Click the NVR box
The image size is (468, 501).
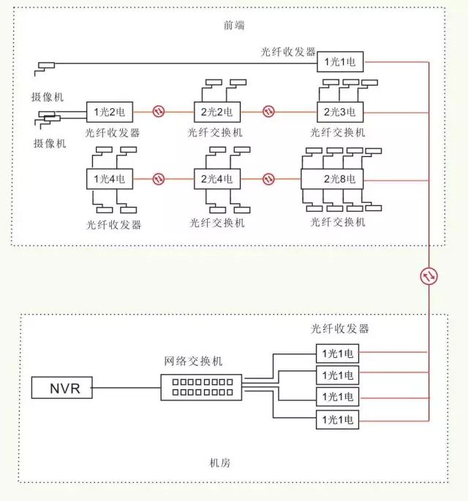tap(61, 388)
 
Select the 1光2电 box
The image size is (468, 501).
tap(110, 112)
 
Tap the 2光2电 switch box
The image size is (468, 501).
tap(217, 112)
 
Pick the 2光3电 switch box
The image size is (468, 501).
tap(340, 112)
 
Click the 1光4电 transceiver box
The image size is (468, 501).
tap(110, 179)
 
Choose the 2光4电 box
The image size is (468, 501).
tap(217, 179)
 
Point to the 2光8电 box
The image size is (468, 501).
tap(332, 179)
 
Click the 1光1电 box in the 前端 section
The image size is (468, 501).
tap(340, 61)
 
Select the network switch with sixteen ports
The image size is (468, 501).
tap(201, 388)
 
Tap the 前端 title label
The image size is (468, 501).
tap(234, 25)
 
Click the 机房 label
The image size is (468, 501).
tap(220, 463)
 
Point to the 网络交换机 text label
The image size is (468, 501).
tap(193, 361)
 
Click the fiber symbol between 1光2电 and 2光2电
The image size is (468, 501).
tap(159, 112)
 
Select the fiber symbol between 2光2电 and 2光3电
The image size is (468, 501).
tap(268, 112)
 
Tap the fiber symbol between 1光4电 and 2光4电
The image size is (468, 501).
tap(159, 179)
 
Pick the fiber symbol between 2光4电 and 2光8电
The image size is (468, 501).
tap(268, 179)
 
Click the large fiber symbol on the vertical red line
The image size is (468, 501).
tap(429, 276)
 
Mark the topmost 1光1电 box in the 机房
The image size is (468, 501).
tap(338, 353)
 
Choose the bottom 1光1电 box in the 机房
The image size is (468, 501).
tap(338, 419)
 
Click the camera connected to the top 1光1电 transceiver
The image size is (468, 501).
tap(45, 69)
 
